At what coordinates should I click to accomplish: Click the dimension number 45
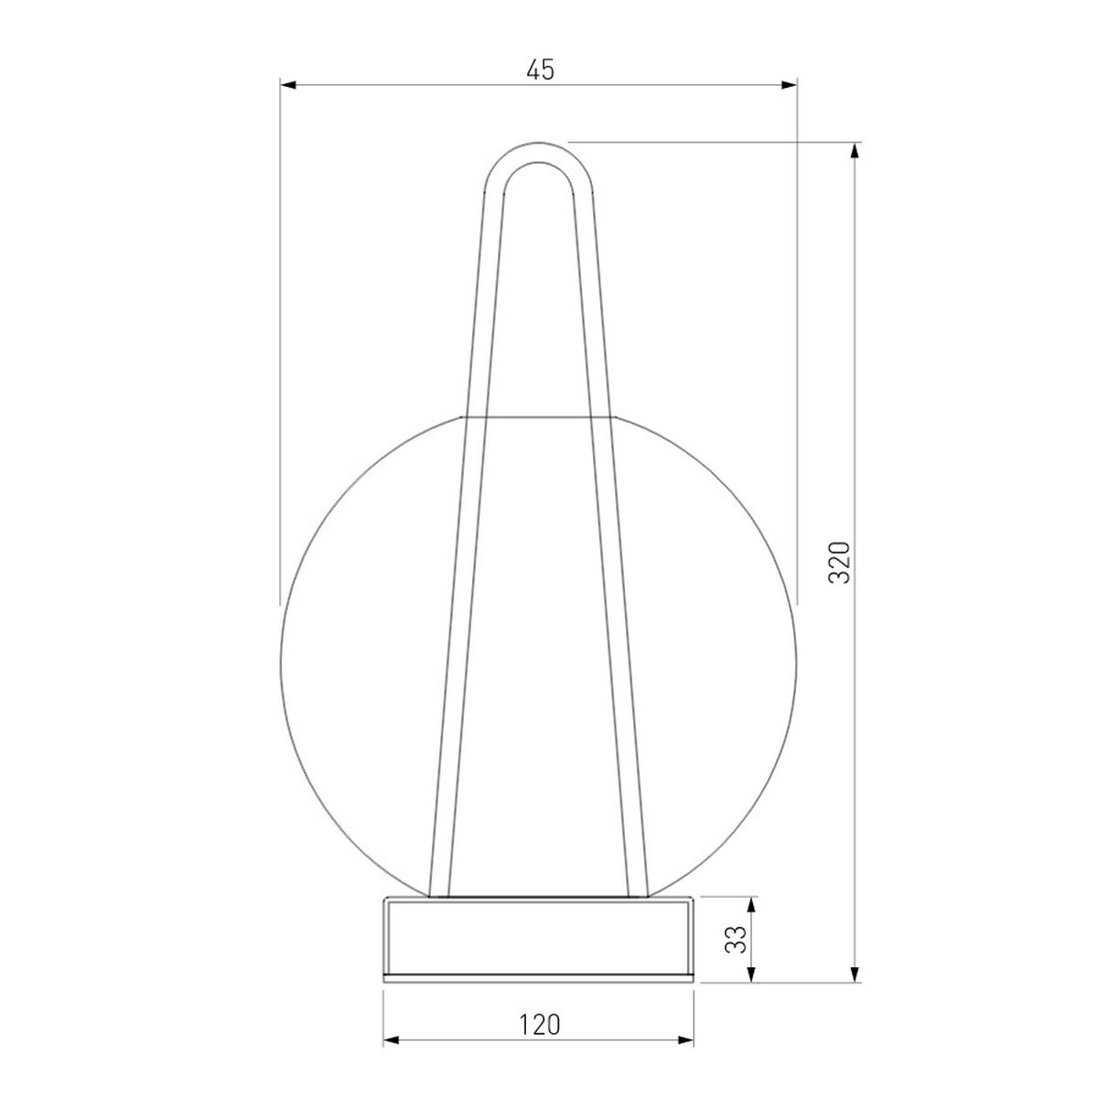click(x=539, y=70)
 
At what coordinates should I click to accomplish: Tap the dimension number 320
click(x=839, y=562)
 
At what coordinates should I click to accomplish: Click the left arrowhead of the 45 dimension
click(x=288, y=85)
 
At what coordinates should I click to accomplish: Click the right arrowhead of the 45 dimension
click(x=789, y=85)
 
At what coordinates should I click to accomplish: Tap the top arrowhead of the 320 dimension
click(x=854, y=151)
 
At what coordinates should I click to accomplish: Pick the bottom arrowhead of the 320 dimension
click(x=854, y=974)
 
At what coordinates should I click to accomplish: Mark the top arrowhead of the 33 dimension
click(x=752, y=905)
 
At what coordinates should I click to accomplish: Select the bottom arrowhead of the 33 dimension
click(x=752, y=974)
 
